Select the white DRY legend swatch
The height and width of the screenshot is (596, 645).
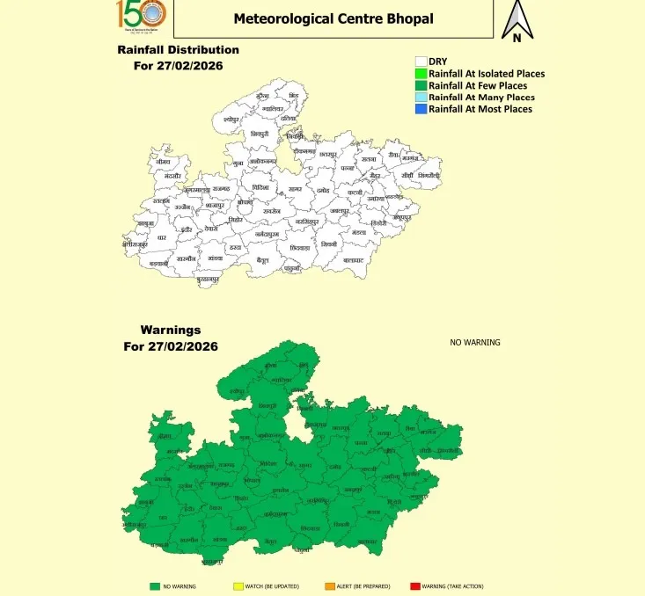coord(421,62)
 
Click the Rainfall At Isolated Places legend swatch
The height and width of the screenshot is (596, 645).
coord(421,74)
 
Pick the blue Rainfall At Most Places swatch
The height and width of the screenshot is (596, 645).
coord(421,109)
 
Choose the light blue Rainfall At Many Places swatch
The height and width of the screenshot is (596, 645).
coord(421,98)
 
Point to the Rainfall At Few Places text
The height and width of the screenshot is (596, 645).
coord(478,86)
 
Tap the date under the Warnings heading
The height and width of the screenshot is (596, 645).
coord(172,346)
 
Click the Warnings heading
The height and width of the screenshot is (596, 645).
coord(171,331)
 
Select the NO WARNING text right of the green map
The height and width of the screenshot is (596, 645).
coord(475,342)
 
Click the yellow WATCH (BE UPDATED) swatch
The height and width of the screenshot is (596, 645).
coord(238,585)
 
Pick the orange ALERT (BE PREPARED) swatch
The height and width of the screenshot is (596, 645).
coord(329,585)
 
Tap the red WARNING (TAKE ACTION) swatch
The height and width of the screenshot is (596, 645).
coord(415,585)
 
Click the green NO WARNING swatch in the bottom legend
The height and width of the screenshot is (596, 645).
coord(155,585)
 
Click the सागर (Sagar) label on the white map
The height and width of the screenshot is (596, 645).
coord(295,189)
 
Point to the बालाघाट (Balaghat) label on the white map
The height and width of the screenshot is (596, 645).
coord(354,261)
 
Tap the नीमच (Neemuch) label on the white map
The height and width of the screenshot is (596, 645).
coord(160,162)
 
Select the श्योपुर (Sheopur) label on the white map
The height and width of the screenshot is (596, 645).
coord(231,117)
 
